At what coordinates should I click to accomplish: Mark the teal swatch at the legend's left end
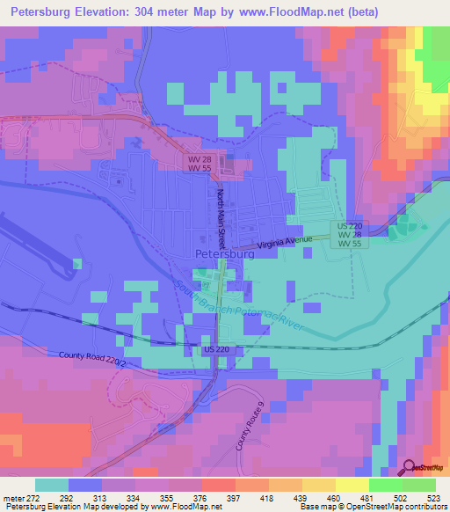51,484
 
